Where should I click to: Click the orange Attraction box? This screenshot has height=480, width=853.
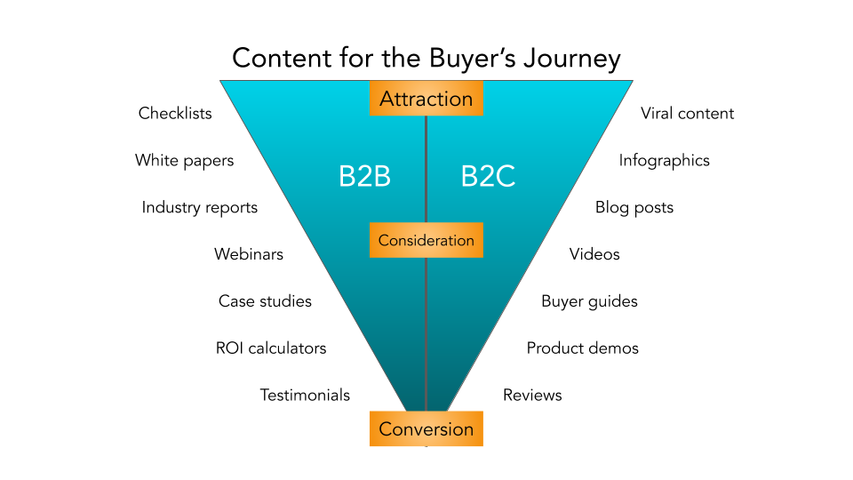click(426, 99)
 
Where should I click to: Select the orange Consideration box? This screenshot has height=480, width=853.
click(426, 240)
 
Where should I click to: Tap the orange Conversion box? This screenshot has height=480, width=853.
click(426, 429)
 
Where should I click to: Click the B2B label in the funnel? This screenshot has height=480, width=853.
click(364, 177)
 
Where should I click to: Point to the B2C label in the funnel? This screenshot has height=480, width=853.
click(488, 177)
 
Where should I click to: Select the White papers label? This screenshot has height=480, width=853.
click(184, 161)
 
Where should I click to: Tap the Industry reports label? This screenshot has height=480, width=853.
click(199, 208)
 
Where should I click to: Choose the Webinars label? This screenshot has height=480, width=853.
click(249, 254)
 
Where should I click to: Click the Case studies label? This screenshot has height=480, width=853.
click(265, 301)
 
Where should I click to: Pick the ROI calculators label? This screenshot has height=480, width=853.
click(271, 348)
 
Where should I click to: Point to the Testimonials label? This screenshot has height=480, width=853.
click(305, 396)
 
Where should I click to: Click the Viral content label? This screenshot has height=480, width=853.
click(688, 113)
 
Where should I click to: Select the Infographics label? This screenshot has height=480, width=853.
click(665, 161)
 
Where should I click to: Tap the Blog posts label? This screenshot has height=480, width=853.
click(634, 208)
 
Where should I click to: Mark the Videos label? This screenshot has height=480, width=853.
click(594, 254)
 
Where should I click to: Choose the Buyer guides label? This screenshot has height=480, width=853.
click(589, 301)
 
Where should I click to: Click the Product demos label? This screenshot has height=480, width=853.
click(582, 348)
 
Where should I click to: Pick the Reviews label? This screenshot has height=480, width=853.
click(532, 396)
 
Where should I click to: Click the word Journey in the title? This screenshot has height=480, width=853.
click(571, 59)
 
